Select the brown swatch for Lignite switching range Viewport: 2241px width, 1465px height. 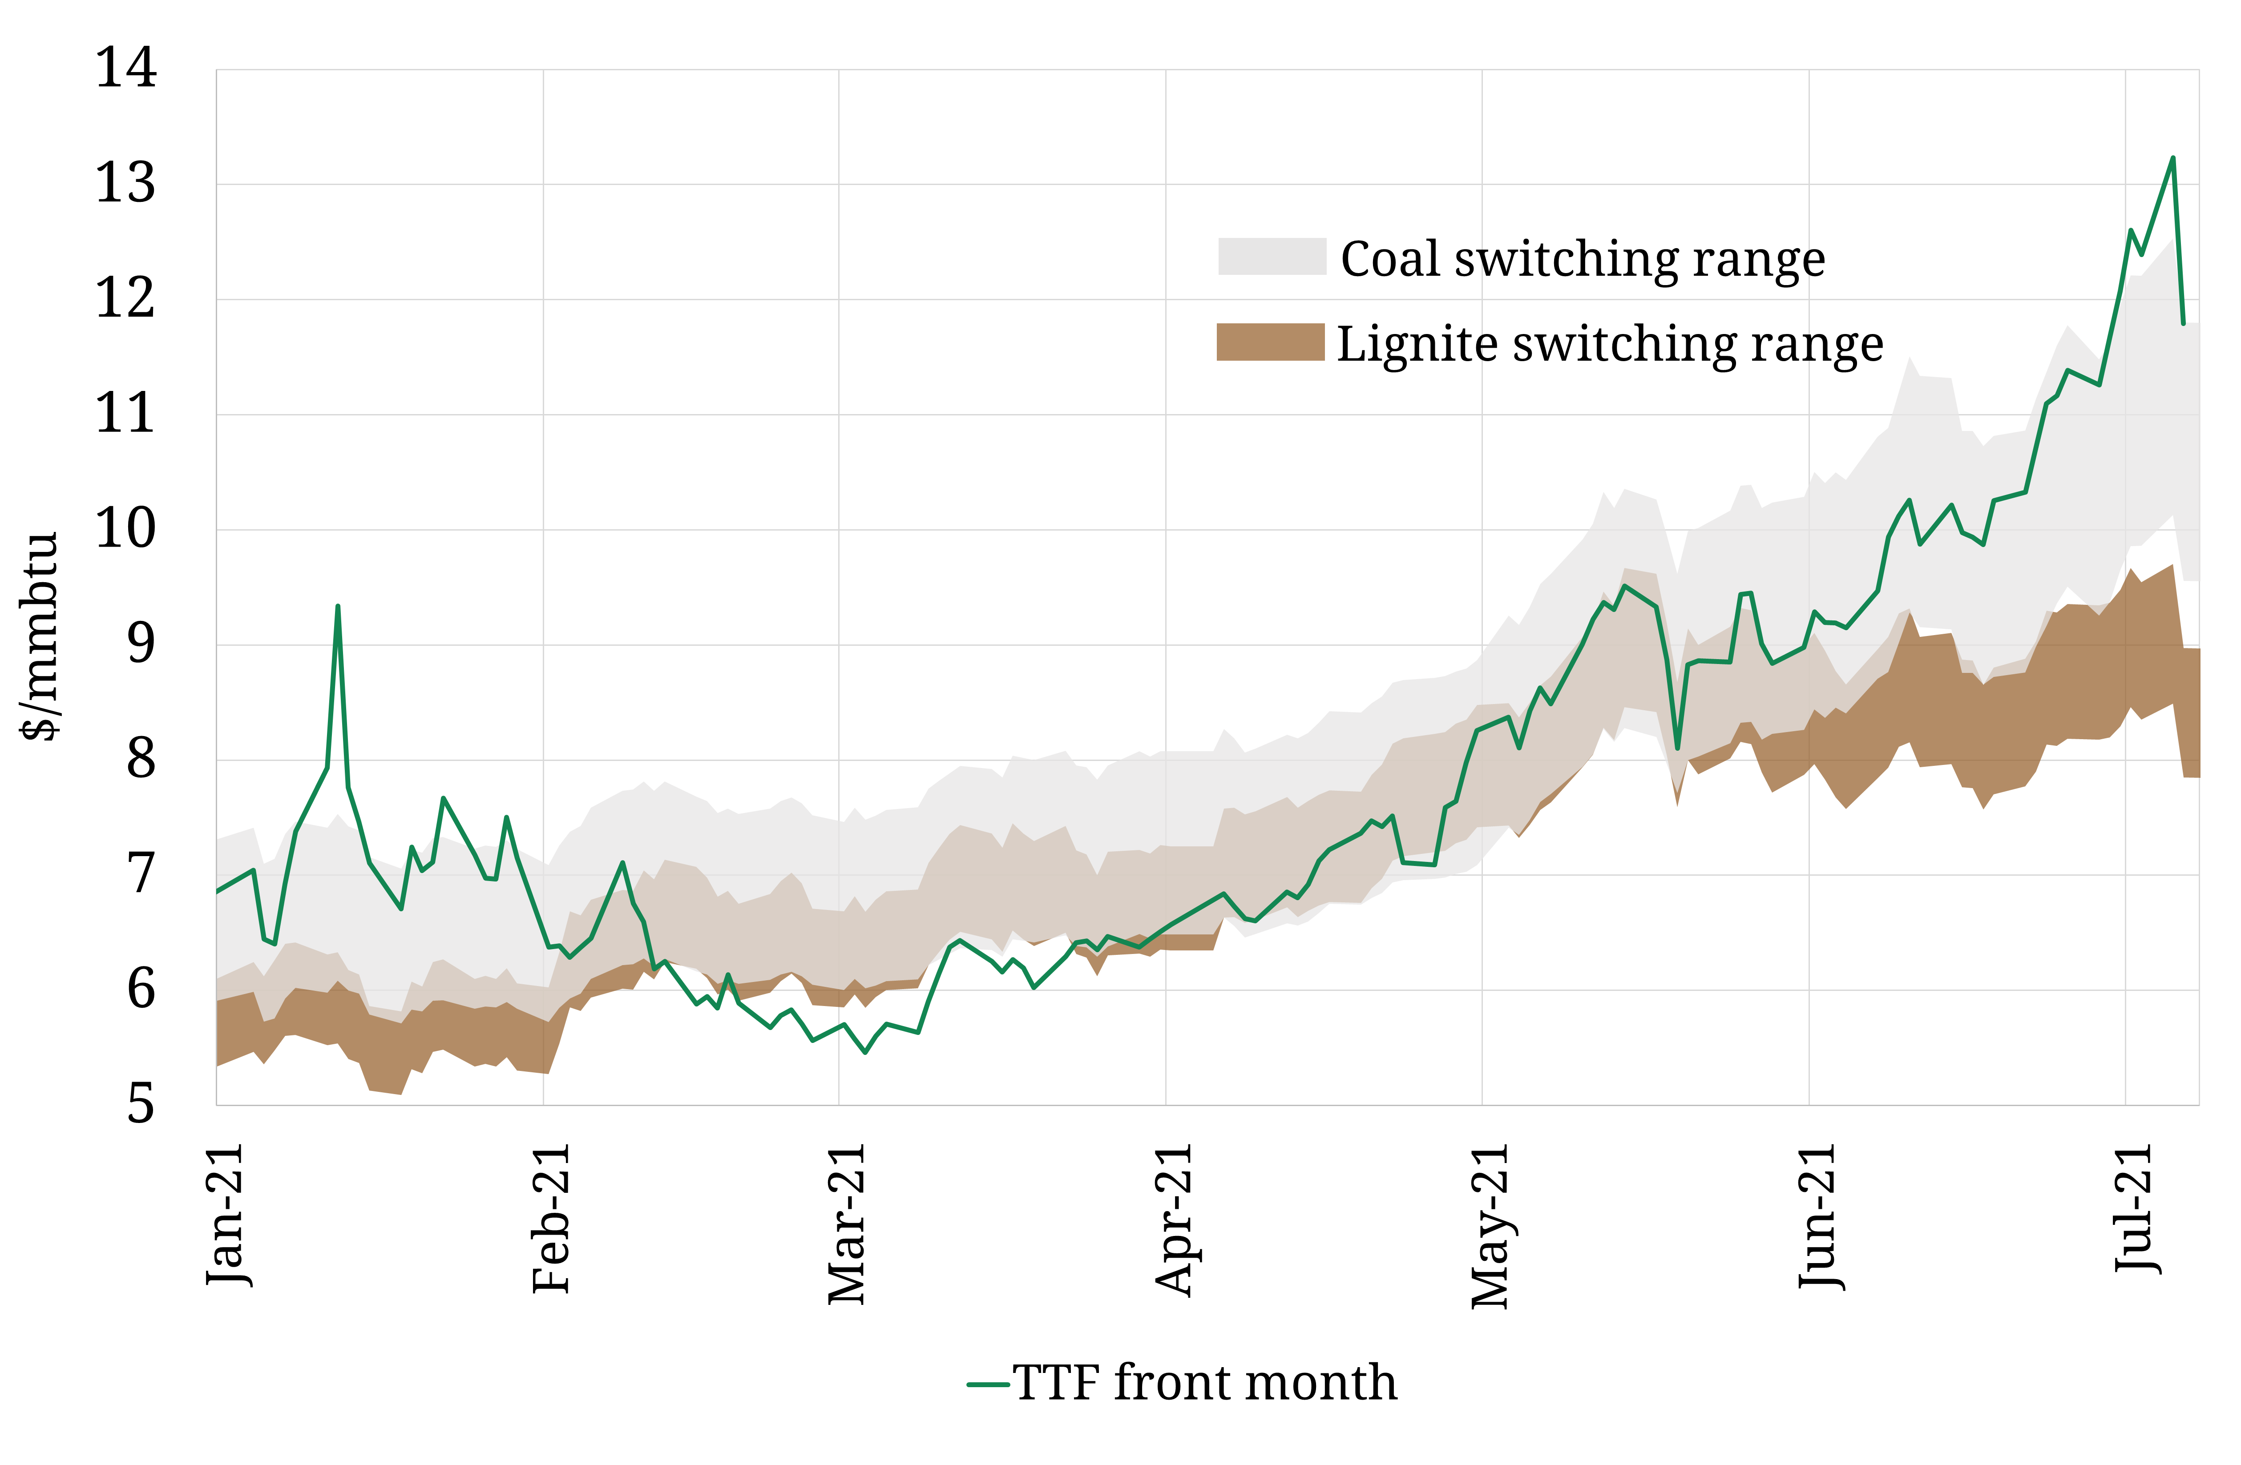click(x=1270, y=342)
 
